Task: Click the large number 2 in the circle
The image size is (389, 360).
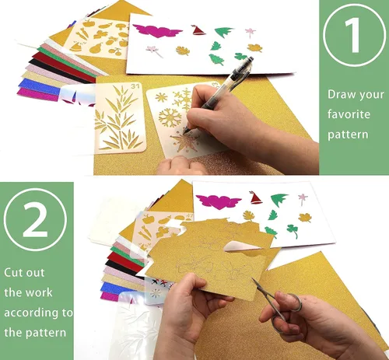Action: (x=35, y=220)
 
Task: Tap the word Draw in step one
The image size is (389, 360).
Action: (x=340, y=94)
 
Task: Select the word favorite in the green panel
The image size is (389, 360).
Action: (x=349, y=114)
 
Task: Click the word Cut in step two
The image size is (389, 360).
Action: (x=14, y=272)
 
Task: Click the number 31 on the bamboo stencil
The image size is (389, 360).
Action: (x=135, y=86)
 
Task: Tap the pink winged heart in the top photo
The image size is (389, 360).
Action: (x=157, y=31)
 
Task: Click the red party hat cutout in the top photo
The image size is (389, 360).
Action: (x=198, y=30)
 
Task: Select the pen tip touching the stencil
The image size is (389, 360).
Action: (x=184, y=132)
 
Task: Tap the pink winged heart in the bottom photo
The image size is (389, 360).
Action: (x=218, y=201)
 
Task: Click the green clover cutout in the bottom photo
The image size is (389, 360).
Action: (x=293, y=231)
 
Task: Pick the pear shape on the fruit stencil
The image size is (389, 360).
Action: (x=97, y=47)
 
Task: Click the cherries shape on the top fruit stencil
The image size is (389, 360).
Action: (x=115, y=51)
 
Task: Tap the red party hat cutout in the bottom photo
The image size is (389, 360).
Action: (x=255, y=197)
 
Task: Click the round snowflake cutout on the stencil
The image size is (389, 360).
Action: (x=170, y=117)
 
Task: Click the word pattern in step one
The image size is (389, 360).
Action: (x=348, y=135)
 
